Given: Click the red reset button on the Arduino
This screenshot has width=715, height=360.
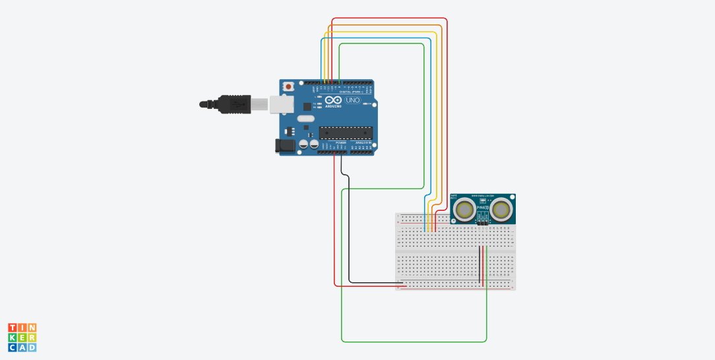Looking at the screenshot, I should [x=288, y=86].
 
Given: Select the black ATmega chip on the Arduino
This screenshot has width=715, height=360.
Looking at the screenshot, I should [x=346, y=133].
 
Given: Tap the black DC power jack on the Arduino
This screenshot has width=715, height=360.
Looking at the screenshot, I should [x=286, y=146].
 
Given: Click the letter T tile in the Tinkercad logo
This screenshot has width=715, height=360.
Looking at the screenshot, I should [x=13, y=328].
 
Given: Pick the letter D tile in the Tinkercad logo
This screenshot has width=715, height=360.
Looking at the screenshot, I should [x=32, y=347].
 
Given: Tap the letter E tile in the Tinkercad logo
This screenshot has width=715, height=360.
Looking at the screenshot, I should [x=22, y=338].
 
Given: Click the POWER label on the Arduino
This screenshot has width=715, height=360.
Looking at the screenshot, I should [x=341, y=142].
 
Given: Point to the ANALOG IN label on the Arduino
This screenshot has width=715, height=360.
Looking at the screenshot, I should [x=362, y=142].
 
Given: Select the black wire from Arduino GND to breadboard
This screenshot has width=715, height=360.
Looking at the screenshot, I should [x=349, y=231].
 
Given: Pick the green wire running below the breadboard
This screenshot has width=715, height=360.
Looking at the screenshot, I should [x=409, y=342].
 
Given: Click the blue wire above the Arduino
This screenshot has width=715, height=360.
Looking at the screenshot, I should [x=376, y=38].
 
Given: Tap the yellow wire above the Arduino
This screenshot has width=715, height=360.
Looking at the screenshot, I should [x=383, y=32].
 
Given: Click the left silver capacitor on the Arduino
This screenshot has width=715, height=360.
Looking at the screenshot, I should [x=303, y=144].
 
